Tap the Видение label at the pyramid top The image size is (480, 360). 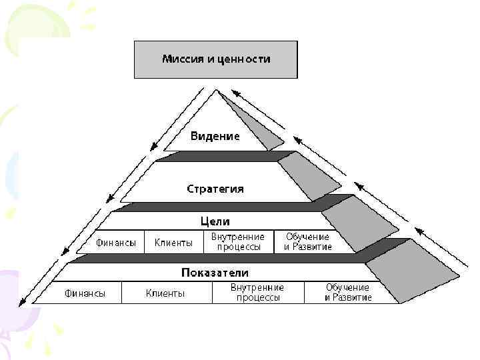[x=215, y=136]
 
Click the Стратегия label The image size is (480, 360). [x=215, y=189]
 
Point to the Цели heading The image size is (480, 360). [x=215, y=221]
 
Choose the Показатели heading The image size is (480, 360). [x=215, y=273]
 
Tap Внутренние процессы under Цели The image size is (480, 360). [x=237, y=241]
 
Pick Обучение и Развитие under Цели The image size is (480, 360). [x=307, y=241]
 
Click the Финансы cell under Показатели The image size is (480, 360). [x=84, y=293]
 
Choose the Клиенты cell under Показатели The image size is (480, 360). [x=165, y=293]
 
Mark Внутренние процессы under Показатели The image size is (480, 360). [x=257, y=293]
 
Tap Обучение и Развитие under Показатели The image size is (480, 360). [x=348, y=293]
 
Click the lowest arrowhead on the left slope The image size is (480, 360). [x=22, y=302]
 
